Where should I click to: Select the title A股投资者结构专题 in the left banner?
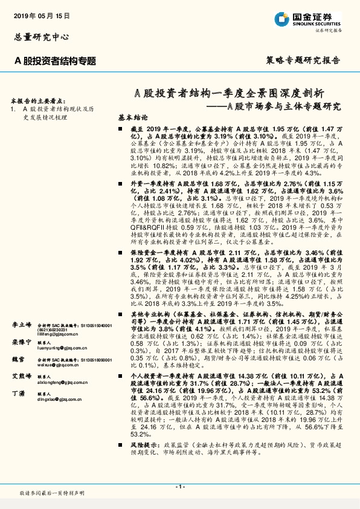tap(54, 60)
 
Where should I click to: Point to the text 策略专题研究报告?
tap(303, 60)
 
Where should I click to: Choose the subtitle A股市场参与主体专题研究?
tap(278, 106)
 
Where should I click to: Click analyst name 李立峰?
tap(21, 325)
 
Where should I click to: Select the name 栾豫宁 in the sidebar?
tap(21, 342)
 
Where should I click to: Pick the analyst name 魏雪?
tap(18, 360)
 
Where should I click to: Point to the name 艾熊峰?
tap(21, 377)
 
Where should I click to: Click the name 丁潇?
tap(18, 394)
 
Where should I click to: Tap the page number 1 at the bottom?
tap(179, 487)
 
